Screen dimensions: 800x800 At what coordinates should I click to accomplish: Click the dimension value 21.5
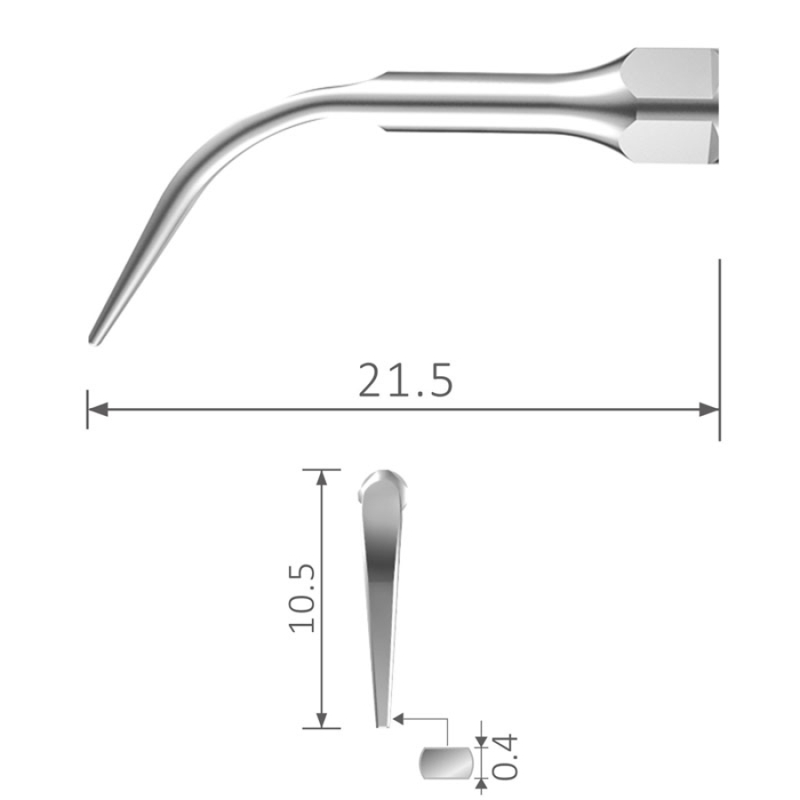[x=405, y=380]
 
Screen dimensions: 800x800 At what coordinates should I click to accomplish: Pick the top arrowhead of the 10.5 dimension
[x=322, y=477]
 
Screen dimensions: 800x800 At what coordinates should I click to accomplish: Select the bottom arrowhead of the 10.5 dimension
[x=322, y=720]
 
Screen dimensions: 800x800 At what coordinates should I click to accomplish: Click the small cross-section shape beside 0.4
[x=445, y=763]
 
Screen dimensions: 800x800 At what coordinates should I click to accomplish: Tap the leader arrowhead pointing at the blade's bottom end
[x=399, y=716]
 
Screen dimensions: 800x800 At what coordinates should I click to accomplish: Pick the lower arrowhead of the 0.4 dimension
[x=482, y=784]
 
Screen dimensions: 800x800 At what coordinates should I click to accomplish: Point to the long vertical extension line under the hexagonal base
[x=719, y=347]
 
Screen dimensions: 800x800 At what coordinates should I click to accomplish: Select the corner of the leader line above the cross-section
[x=445, y=716]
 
